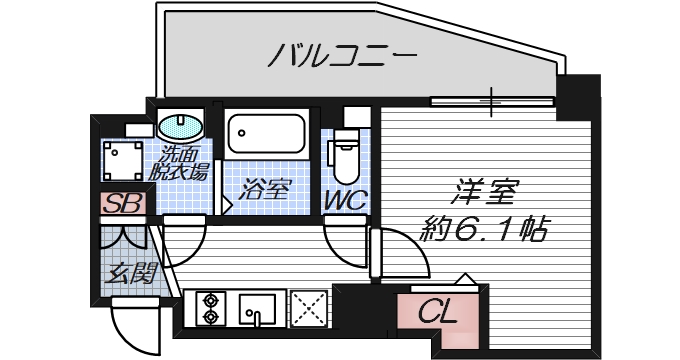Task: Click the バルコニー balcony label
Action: click(x=341, y=55)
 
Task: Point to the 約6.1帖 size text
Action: click(x=484, y=230)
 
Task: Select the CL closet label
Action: click(x=436, y=311)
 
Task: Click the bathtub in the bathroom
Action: click(x=265, y=133)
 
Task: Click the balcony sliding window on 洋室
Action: click(x=491, y=100)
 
